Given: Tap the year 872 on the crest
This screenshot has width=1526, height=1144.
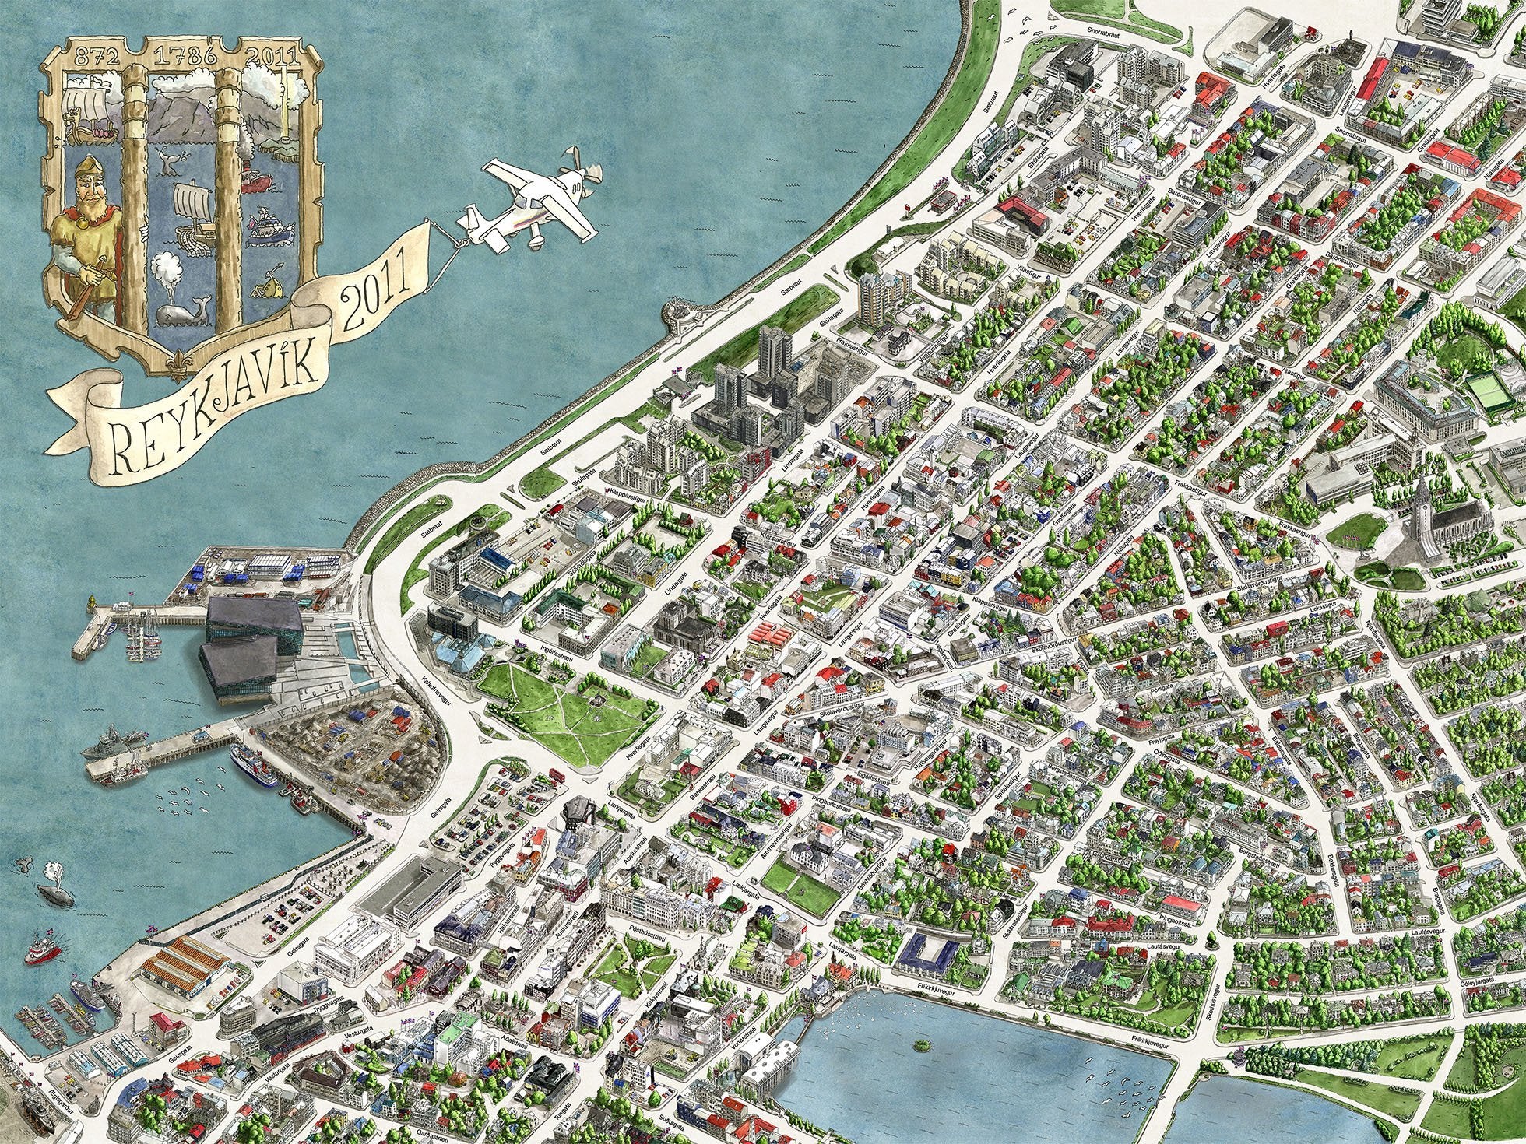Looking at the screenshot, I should point(86,55).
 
